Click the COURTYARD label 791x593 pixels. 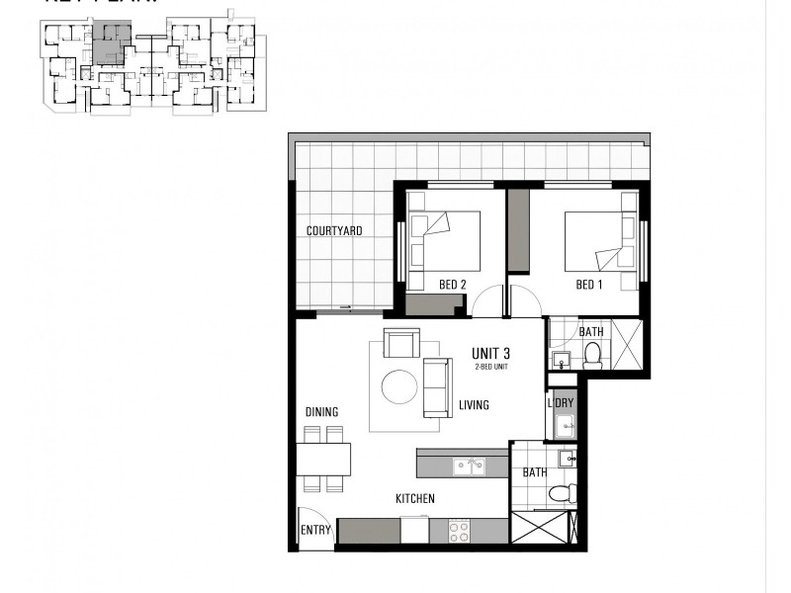pyautogui.click(x=334, y=231)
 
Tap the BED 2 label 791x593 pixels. pyautogui.click(x=452, y=286)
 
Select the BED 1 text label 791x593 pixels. pyautogui.click(x=588, y=286)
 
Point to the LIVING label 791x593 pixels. pyautogui.click(x=473, y=405)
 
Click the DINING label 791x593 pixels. pyautogui.click(x=321, y=412)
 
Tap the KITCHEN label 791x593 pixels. pyautogui.click(x=415, y=499)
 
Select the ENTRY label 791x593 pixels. pyautogui.click(x=315, y=531)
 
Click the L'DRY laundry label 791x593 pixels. pyautogui.click(x=561, y=403)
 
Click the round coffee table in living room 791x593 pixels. pyautogui.click(x=399, y=386)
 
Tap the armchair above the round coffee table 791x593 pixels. pyautogui.click(x=400, y=343)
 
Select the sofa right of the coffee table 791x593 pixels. pyautogui.click(x=437, y=387)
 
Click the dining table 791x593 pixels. pyautogui.click(x=323, y=459)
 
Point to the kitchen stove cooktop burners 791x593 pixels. pyautogui.click(x=460, y=531)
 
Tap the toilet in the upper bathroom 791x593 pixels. pyautogui.click(x=593, y=355)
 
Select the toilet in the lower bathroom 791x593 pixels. pyautogui.click(x=561, y=492)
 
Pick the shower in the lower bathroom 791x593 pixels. pyautogui.click(x=541, y=528)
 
